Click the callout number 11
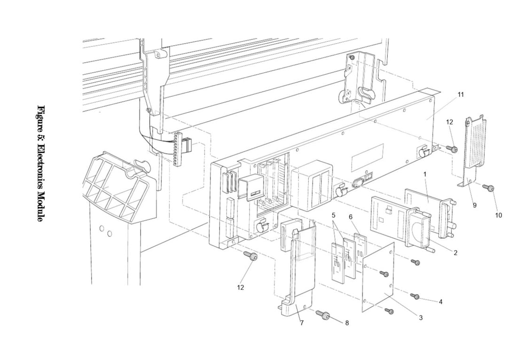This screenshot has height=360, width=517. point(461,94)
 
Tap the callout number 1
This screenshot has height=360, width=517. point(425,174)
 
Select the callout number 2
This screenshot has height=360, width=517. point(455,252)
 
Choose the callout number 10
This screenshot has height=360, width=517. point(498,215)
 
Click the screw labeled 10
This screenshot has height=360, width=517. point(489,188)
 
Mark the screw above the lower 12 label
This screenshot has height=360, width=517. point(252,257)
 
